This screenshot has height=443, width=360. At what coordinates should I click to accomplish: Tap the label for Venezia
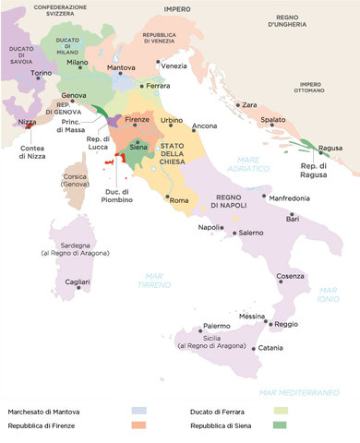click(174, 66)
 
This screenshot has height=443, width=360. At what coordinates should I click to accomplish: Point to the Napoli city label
click(210, 228)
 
